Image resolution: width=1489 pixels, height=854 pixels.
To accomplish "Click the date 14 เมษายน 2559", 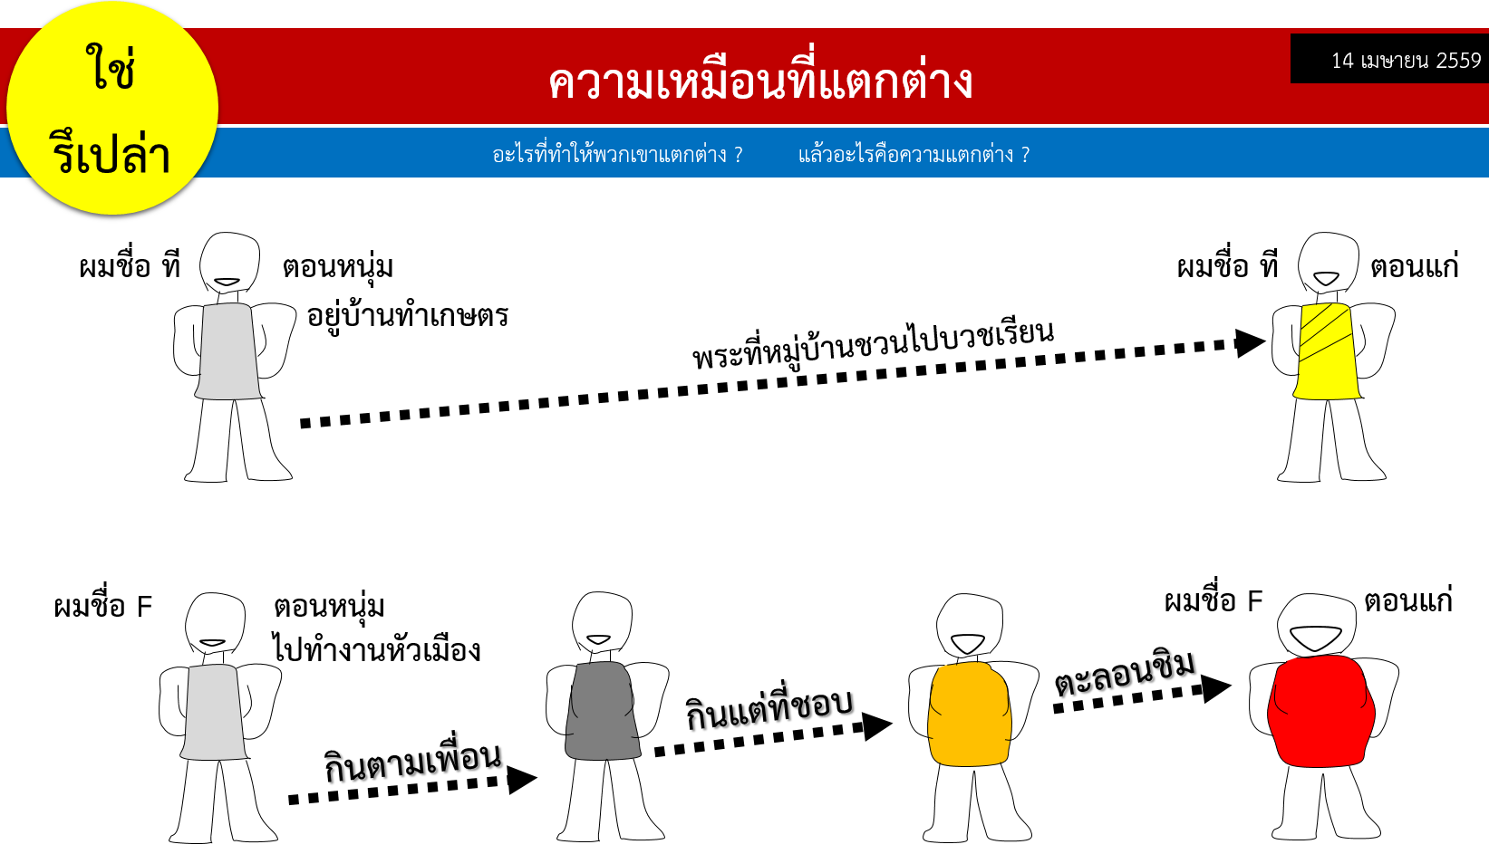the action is (1406, 61).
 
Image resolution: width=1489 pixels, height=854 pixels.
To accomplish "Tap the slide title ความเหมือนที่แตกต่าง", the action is (760, 82).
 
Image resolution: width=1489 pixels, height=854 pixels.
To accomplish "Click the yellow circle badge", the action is (111, 109).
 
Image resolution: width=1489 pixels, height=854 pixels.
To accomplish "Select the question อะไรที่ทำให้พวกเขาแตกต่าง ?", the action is (617, 154).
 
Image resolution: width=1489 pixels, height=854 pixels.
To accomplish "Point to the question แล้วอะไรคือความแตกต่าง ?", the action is (914, 154).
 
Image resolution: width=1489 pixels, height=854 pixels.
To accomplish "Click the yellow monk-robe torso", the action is (1327, 350).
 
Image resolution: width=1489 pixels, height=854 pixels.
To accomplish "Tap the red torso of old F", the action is (1320, 711).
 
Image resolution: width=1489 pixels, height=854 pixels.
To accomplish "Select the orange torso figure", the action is (969, 714).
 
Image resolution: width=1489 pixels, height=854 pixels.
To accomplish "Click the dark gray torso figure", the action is (603, 711).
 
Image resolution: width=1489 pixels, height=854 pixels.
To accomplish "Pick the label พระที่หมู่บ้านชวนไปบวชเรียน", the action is (873, 344).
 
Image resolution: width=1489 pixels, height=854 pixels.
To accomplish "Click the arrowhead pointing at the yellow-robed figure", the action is (1250, 343).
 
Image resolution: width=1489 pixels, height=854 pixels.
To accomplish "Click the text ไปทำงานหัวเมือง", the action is (376, 648).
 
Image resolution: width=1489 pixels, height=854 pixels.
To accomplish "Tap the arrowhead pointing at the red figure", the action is (1216, 688).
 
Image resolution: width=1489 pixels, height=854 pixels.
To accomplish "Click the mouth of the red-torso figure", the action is (1316, 638).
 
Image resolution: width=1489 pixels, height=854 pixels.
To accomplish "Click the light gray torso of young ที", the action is (228, 350).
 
